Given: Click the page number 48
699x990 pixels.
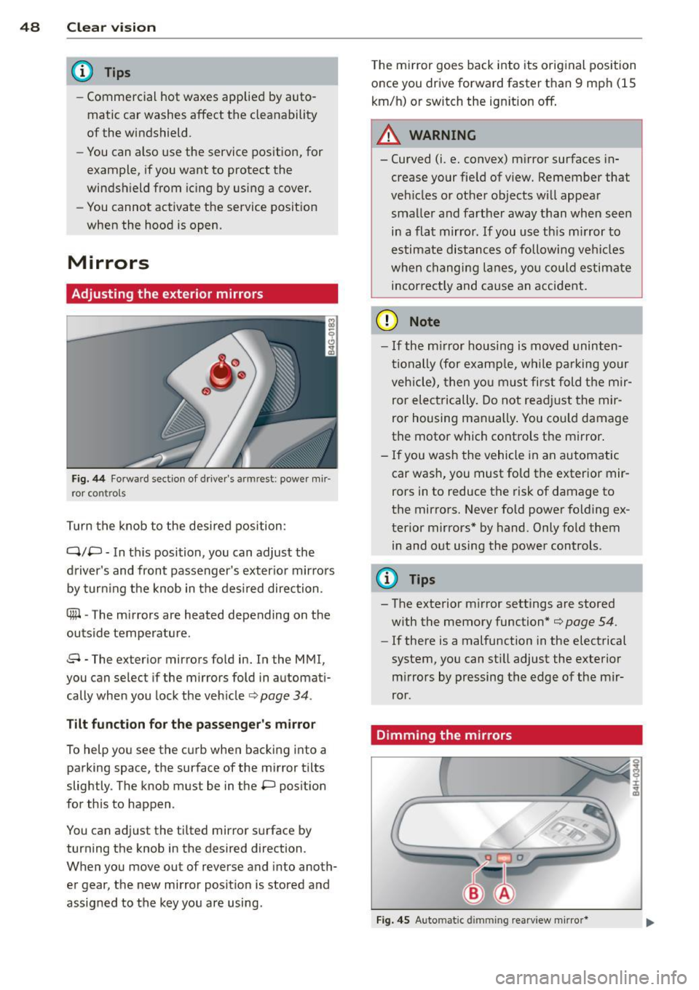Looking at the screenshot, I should [30, 28].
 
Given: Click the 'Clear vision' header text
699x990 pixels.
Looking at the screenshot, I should [111, 28].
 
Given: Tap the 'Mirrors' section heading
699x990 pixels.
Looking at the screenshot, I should [108, 263].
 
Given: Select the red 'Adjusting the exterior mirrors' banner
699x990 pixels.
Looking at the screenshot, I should [202, 294].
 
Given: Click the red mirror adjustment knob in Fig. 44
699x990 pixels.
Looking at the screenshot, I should [221, 372].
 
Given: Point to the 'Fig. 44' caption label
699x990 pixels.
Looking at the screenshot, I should [88, 479].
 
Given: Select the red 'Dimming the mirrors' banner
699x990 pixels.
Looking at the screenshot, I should [506, 735].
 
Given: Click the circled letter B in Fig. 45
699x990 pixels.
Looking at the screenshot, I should [473, 893].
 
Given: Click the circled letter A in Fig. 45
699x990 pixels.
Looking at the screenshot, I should [504, 893].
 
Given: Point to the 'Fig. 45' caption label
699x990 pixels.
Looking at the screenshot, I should [392, 920].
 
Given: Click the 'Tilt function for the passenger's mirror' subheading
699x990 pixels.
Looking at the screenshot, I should [191, 724].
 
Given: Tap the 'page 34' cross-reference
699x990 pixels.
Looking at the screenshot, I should [285, 695].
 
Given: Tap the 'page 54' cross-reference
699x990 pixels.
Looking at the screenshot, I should [590, 622].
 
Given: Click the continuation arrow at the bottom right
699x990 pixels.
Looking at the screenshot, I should [649, 923].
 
